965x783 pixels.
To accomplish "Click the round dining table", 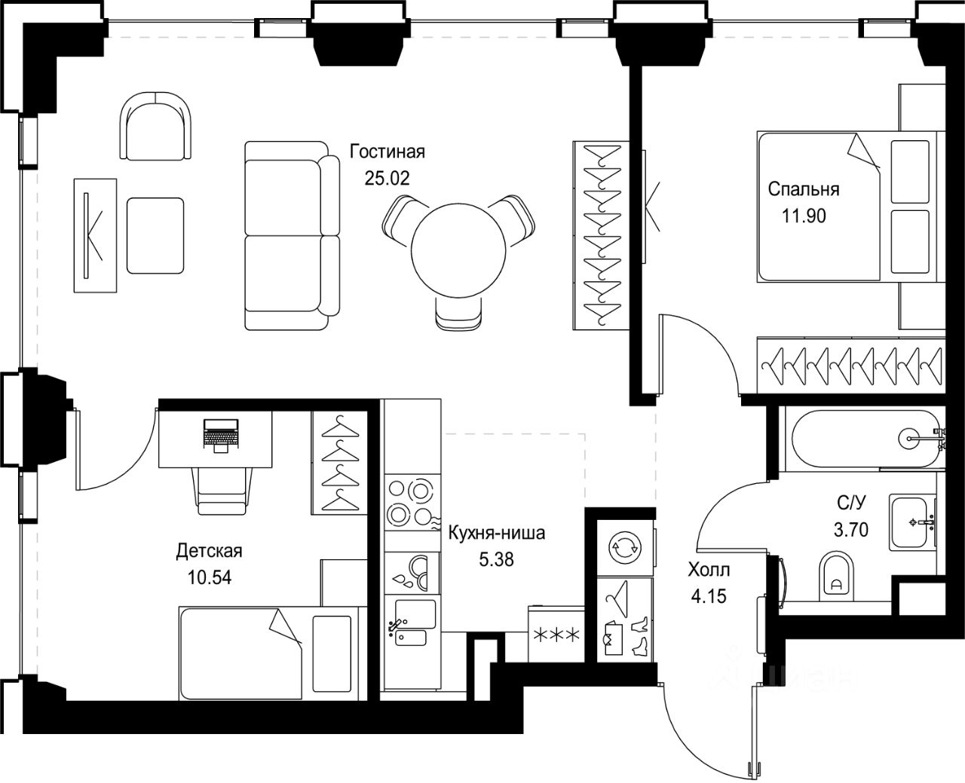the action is point(458,250).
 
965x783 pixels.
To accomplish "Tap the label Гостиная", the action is point(388,152).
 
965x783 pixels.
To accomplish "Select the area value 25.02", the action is point(387,179).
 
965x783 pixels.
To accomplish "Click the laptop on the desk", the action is point(221,436).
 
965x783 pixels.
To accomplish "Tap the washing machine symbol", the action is point(625,548).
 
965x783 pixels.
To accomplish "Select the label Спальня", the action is point(803,189).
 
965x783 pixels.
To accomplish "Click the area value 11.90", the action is point(804,216).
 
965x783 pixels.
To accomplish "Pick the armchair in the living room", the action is point(155,126).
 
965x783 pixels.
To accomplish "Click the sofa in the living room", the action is point(293,235).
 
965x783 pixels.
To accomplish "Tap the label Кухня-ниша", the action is point(497,533).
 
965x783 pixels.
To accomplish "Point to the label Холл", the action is point(709,570).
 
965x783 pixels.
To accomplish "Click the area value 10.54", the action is point(210,577).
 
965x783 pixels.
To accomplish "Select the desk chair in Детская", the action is point(222,491).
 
